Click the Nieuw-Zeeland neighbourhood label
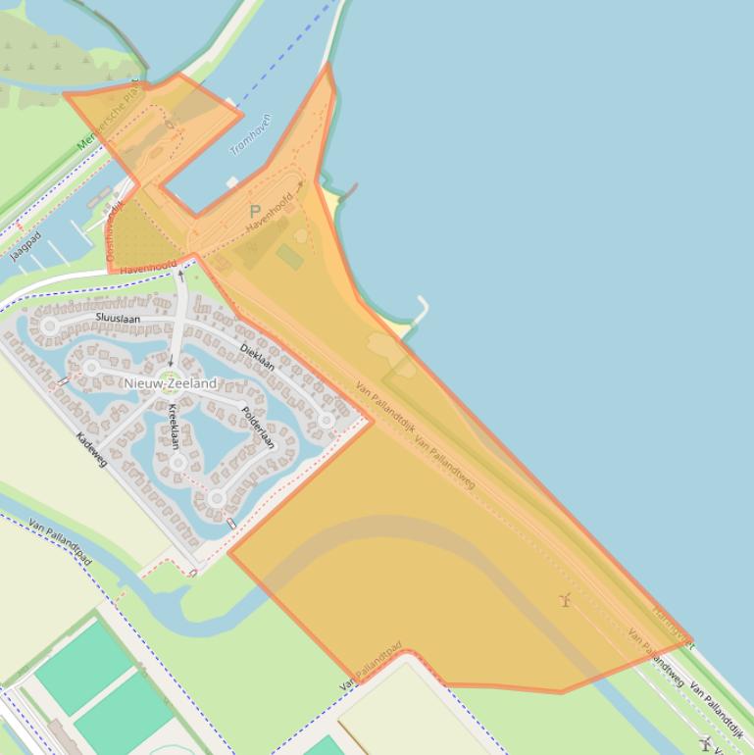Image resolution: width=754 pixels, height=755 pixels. (170, 383)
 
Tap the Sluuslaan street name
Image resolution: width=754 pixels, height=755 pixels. (118, 319)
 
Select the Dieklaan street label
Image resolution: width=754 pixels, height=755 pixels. (257, 355)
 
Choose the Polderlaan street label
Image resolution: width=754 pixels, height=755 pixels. (258, 427)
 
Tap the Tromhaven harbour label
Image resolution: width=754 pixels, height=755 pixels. (251, 135)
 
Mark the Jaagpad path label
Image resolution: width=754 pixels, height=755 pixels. (26, 247)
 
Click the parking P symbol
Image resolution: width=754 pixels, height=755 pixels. (255, 212)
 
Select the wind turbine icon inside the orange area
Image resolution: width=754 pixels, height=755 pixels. (565, 599)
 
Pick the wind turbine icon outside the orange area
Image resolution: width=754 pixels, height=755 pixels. (705, 742)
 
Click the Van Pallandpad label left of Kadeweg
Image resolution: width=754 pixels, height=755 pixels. (61, 542)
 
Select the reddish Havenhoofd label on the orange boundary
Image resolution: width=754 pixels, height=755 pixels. (149, 266)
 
